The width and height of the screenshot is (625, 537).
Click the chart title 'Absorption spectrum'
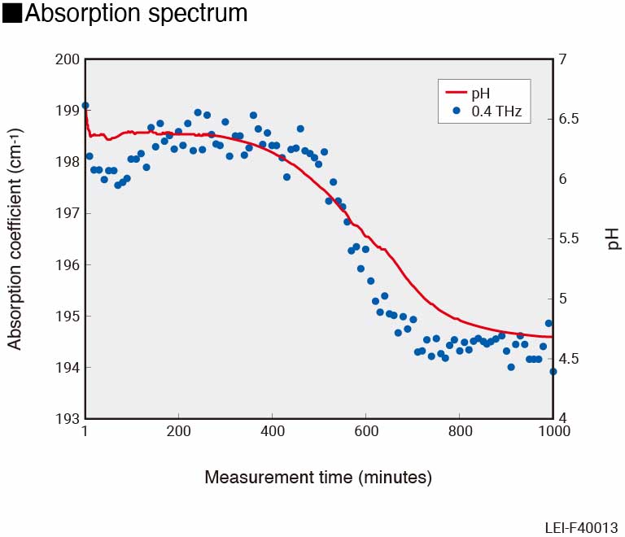pyautogui.click(x=136, y=14)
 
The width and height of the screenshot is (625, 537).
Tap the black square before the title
pyautogui.click(x=12, y=14)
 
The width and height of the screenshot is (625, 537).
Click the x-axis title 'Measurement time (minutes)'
pyautogui.click(x=318, y=477)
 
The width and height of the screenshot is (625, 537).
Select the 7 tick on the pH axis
pyautogui.click(x=562, y=59)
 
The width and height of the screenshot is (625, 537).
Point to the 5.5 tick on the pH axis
pyautogui.click(x=567, y=239)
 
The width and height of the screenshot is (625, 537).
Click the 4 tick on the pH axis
pyautogui.click(x=562, y=419)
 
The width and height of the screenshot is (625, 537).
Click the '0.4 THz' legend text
pyautogui.click(x=497, y=111)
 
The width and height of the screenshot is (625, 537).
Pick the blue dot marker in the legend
pyautogui.click(x=456, y=111)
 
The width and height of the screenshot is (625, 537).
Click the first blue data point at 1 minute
pyautogui.click(x=85, y=106)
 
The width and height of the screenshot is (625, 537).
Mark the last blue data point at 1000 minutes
pyautogui.click(x=553, y=372)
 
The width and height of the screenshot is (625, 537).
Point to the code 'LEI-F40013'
pyautogui.click(x=581, y=527)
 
